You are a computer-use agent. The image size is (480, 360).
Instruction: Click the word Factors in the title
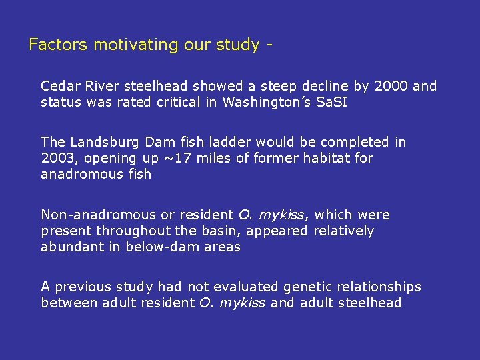coord(58,45)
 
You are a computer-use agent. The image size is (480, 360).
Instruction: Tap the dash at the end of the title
coord(269,45)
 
